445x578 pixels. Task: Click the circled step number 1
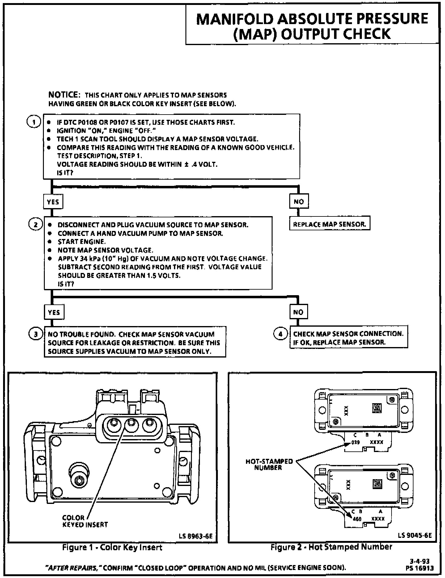[34, 122]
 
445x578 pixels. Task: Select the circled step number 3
[36, 334]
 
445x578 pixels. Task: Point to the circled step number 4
[281, 334]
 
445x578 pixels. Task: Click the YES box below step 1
[53, 202]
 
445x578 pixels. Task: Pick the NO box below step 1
[299, 202]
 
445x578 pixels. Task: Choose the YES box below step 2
[54, 312]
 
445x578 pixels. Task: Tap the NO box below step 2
[298, 312]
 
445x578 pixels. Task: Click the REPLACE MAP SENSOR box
[329, 224]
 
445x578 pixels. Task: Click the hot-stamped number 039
[356, 442]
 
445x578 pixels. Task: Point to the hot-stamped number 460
[357, 519]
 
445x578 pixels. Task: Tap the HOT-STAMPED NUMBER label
[269, 464]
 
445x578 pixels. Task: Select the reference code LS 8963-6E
[196, 536]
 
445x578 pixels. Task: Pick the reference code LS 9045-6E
[415, 535]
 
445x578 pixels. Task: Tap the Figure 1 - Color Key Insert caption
[112, 547]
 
